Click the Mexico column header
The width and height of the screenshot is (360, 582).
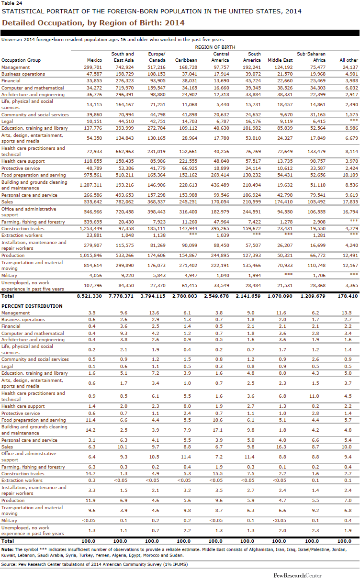(x=94, y=60)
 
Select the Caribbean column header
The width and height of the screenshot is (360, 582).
(x=187, y=60)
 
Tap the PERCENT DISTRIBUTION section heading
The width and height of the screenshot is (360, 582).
(x=32, y=306)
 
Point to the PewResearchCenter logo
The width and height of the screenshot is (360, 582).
(x=298, y=576)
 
